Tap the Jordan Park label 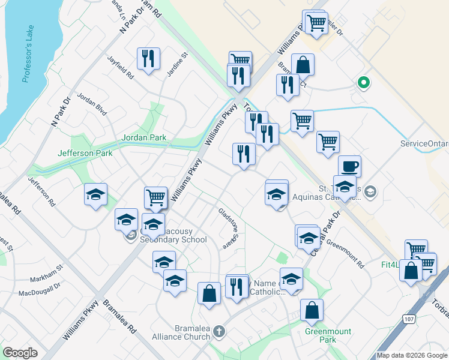[144, 137]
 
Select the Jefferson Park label [85, 153]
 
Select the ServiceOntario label [424, 144]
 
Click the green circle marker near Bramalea [363, 83]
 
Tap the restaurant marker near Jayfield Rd [148, 59]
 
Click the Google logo [20, 353]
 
